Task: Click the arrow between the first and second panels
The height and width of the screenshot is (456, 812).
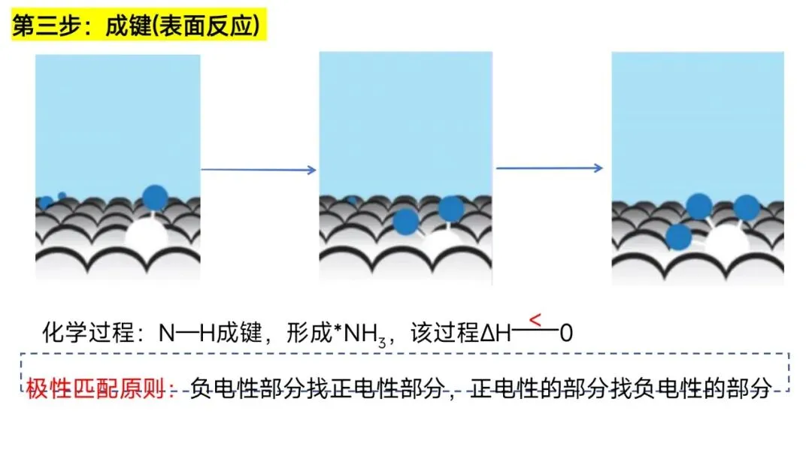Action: pos(259,170)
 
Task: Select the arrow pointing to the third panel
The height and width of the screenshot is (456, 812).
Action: pos(550,168)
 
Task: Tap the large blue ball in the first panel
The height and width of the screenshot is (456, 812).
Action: pos(154,197)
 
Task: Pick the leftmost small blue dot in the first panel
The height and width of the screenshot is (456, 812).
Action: pos(46,202)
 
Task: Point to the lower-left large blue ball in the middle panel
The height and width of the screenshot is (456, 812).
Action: pos(406,221)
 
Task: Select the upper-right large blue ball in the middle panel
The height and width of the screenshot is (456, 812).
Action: pos(450,209)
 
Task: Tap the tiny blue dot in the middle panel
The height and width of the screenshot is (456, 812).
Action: pos(353,200)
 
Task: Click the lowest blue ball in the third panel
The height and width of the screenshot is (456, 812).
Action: pos(679,237)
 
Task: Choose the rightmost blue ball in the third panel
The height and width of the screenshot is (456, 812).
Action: pos(746,207)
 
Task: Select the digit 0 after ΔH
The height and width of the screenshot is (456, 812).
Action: pos(565,334)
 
